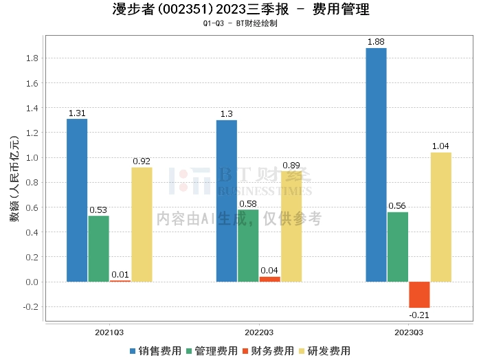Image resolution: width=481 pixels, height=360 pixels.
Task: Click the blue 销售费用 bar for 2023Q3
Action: point(376,165)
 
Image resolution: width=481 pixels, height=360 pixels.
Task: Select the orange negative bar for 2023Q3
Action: point(419,295)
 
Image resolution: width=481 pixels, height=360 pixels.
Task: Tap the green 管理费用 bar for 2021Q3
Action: point(98,249)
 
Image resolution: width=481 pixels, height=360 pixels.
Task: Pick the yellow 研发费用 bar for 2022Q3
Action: point(291,227)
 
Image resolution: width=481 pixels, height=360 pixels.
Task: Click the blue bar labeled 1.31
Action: point(77,200)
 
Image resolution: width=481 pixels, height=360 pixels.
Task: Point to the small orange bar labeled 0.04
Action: point(269,279)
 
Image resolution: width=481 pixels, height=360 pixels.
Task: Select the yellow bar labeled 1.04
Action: point(440,217)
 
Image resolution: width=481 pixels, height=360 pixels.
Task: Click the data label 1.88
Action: point(376,42)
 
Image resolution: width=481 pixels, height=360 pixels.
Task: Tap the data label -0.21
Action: point(419,315)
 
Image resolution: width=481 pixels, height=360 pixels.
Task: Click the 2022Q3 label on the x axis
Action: point(259,332)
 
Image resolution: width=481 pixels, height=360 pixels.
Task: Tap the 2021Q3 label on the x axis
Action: point(109,332)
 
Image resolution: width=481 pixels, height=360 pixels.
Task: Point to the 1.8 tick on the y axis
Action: point(31,58)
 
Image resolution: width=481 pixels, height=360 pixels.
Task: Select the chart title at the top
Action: point(240,10)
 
